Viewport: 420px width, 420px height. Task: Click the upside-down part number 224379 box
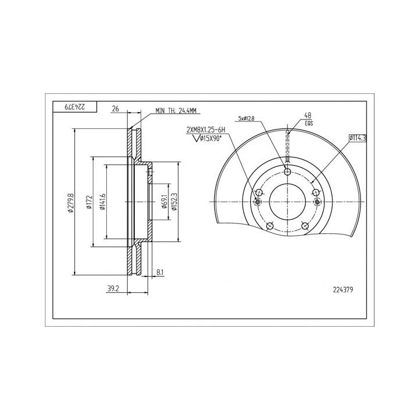pyautogui.click(x=74, y=107)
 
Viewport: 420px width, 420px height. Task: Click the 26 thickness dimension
pyautogui.click(x=116, y=108)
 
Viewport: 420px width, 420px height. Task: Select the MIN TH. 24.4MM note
pyautogui.click(x=176, y=110)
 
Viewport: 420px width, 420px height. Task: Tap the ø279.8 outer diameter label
pyautogui.click(x=71, y=202)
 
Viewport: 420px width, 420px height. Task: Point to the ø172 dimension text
pyautogui.click(x=89, y=202)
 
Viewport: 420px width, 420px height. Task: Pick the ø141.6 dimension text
pyautogui.click(x=102, y=202)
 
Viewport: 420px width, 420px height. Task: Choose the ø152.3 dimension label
pyautogui.click(x=174, y=202)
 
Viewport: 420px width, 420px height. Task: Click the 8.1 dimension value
pyautogui.click(x=160, y=272)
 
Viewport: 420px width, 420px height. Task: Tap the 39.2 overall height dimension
pyautogui.click(x=113, y=289)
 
